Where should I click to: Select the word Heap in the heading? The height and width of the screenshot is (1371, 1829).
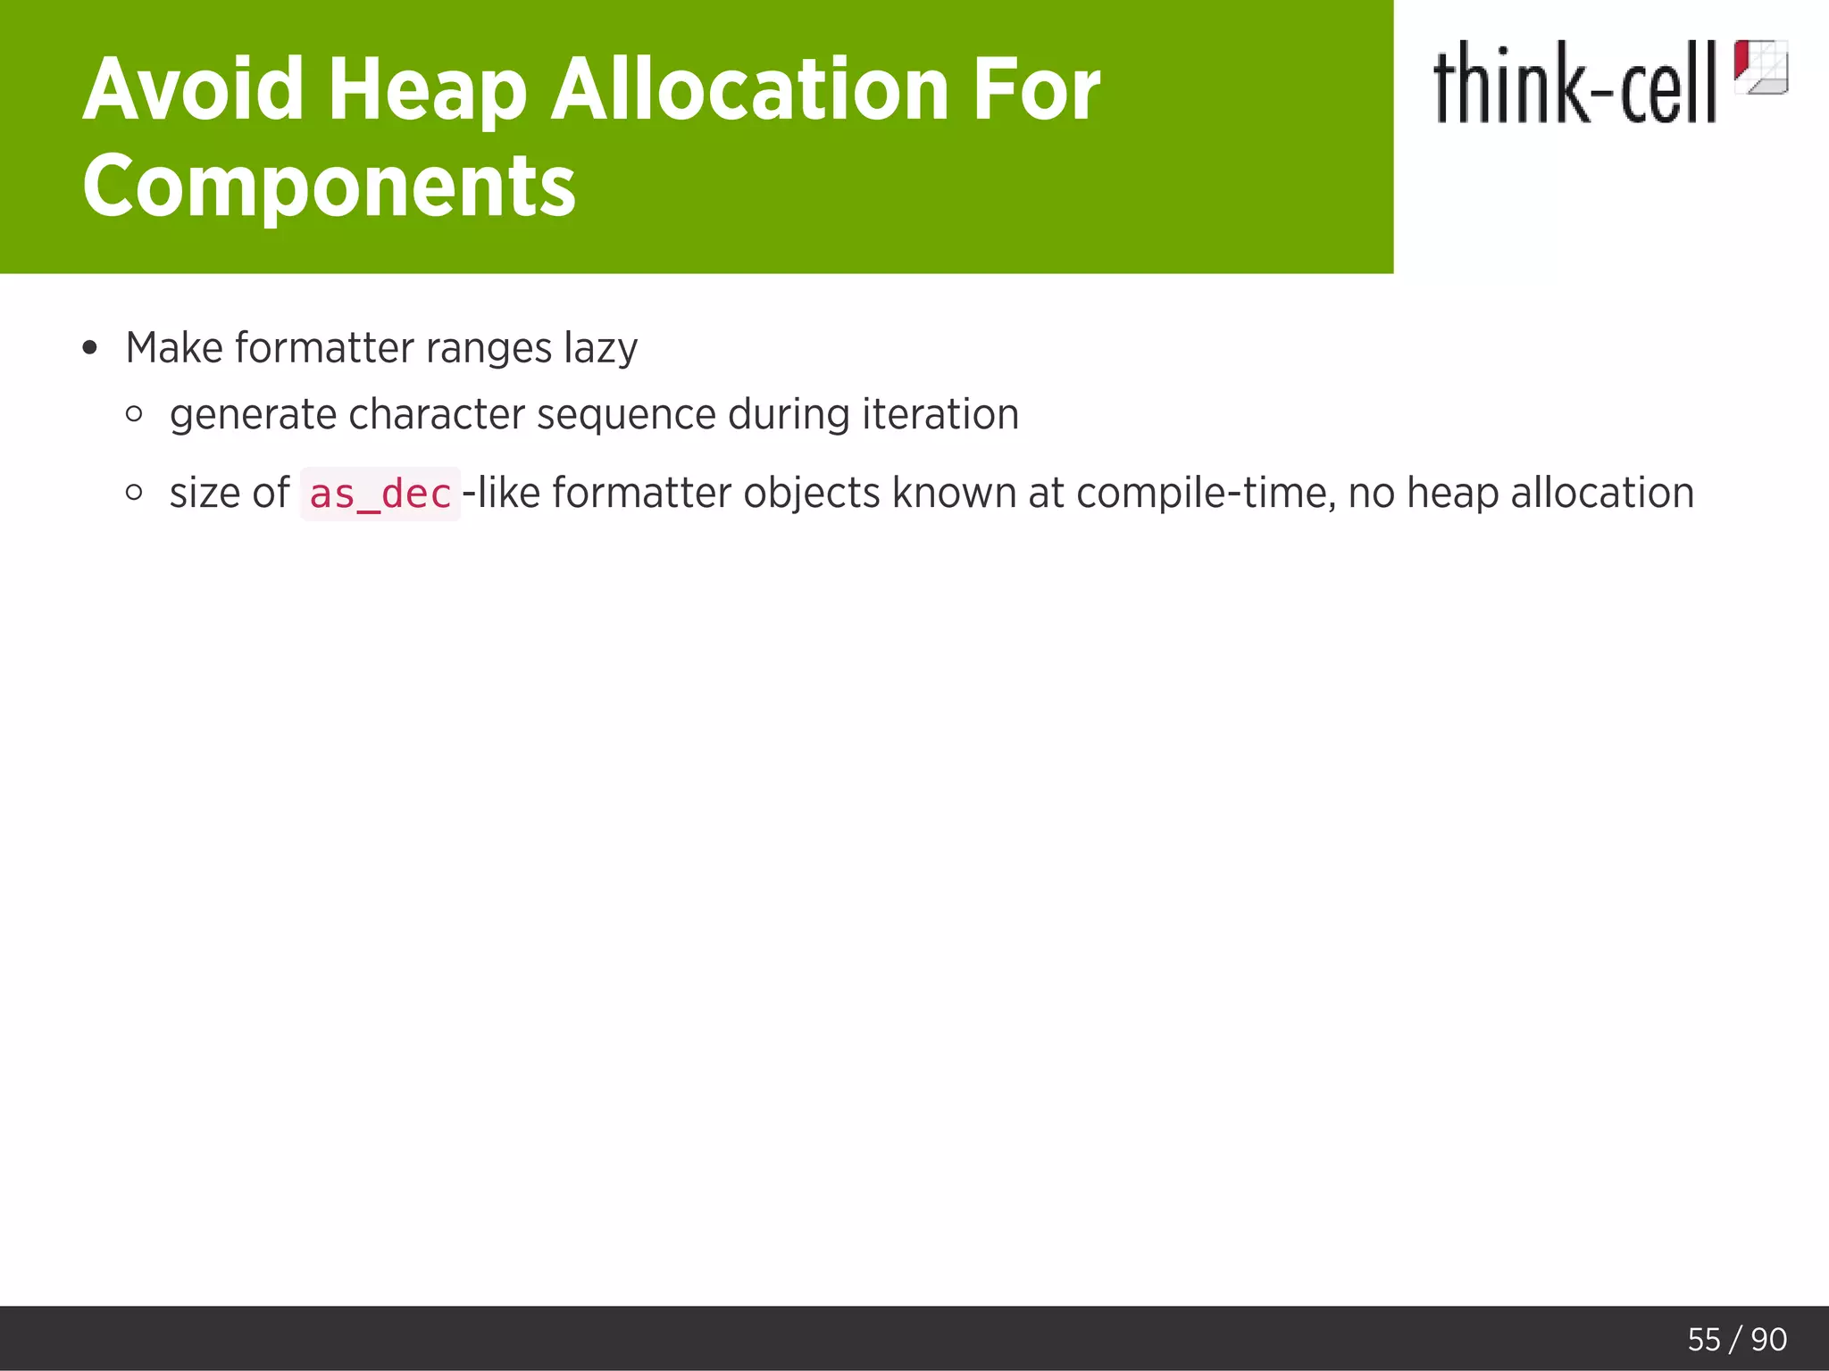(427, 89)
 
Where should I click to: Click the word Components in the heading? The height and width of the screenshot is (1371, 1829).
(329, 185)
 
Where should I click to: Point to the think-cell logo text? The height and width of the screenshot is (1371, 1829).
(1574, 84)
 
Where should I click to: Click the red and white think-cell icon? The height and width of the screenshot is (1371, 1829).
(1759, 67)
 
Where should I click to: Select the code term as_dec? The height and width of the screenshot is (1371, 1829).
(380, 494)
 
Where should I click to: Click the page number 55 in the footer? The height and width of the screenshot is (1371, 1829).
(1703, 1339)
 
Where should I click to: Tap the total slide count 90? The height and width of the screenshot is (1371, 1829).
(1768, 1339)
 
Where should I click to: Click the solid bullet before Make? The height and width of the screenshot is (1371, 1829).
(88, 348)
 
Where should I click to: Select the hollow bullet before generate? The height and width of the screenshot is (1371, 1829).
(134, 414)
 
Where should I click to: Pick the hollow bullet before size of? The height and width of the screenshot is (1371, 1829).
(134, 492)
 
